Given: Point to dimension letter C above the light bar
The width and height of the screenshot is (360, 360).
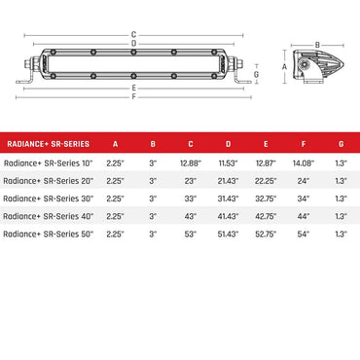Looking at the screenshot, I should click(132, 34).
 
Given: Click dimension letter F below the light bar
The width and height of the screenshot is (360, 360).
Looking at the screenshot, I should click(132, 96).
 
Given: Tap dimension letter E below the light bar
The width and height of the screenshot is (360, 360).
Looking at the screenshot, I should click(132, 88).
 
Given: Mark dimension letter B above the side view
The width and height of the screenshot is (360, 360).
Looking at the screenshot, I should click(317, 45).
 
